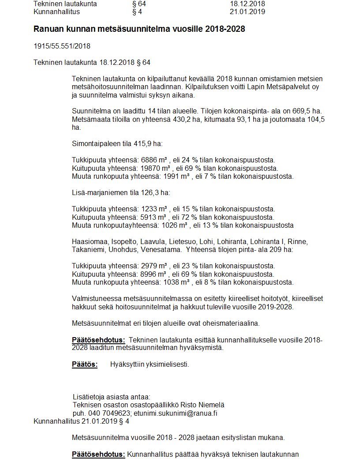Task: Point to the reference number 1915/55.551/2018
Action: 62,46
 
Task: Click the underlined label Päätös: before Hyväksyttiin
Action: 84,365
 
